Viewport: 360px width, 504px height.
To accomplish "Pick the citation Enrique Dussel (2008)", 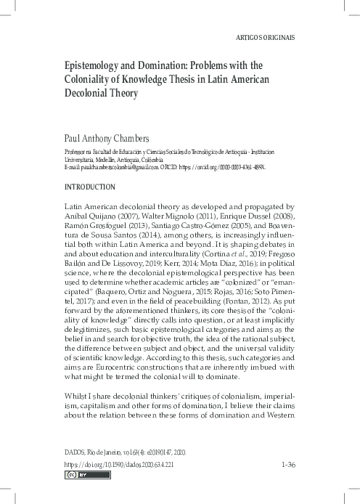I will [x=250, y=216].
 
